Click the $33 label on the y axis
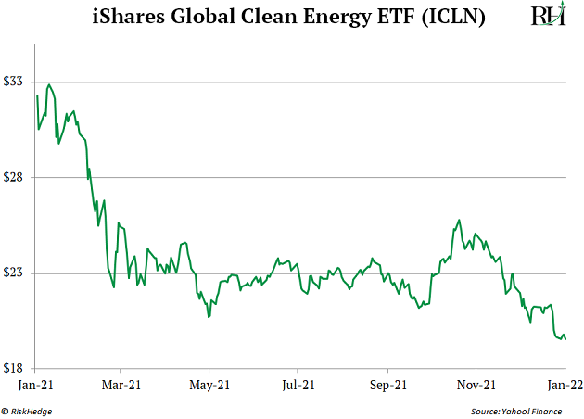click(x=15, y=83)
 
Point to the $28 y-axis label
click(x=15, y=177)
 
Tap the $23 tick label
click(x=15, y=273)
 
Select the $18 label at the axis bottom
click(x=15, y=368)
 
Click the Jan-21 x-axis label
click(x=35, y=383)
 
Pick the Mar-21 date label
click(x=121, y=383)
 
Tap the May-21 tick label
click(x=209, y=383)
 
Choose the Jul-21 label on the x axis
click(x=298, y=383)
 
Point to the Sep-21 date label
click(x=387, y=383)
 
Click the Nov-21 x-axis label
click(x=476, y=383)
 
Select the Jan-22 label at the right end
click(x=565, y=383)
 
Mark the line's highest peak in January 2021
click(x=48, y=85)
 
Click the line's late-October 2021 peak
click(x=459, y=220)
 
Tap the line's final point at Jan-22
click(x=565, y=339)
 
